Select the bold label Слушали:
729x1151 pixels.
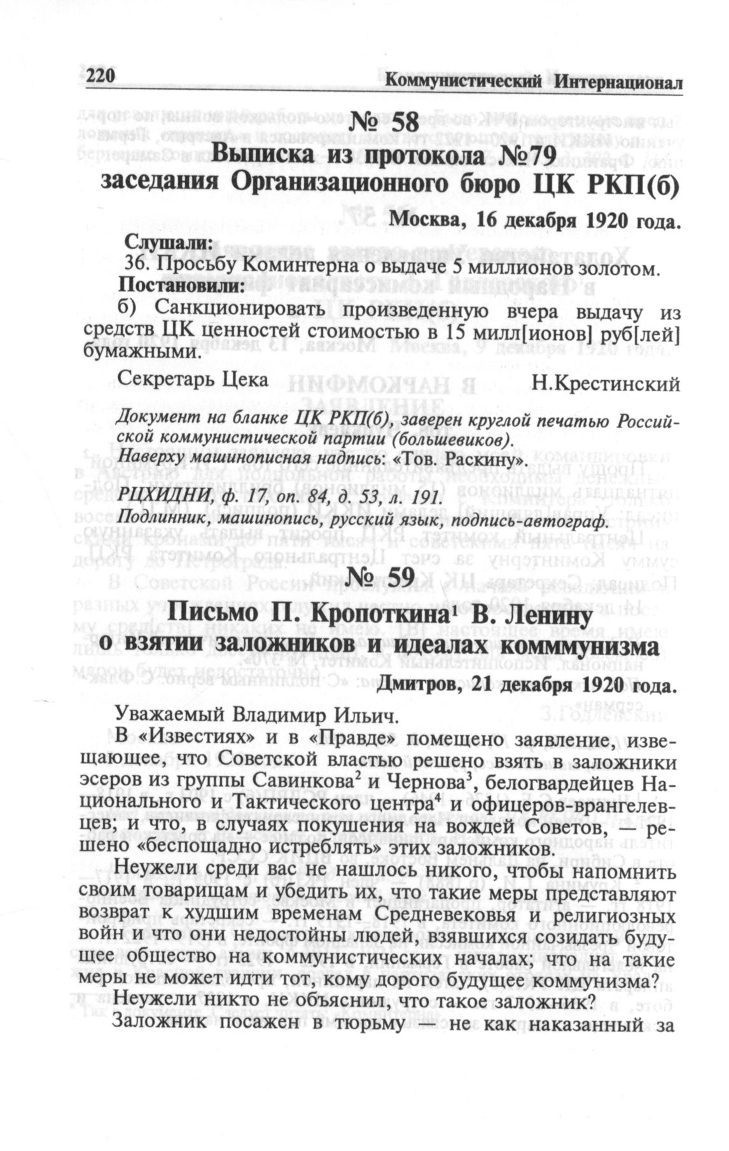click(168, 242)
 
